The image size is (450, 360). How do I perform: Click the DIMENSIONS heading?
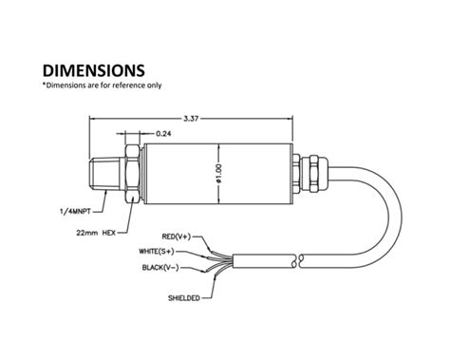[93, 69]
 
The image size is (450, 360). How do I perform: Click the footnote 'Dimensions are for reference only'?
[102, 85]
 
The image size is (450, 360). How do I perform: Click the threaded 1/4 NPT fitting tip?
[103, 171]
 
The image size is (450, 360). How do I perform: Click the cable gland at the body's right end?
[306, 171]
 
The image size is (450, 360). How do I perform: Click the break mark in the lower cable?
[299, 258]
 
